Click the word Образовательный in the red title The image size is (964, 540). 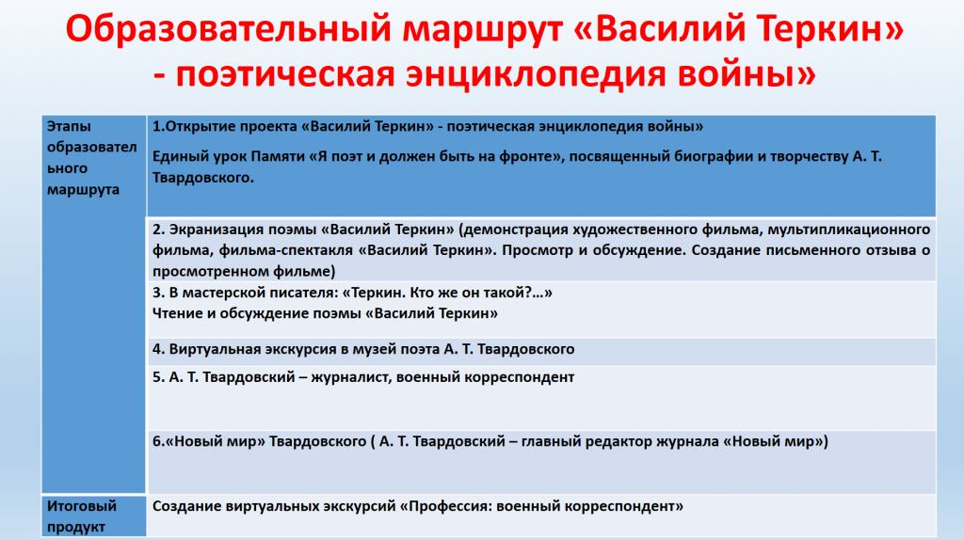pos(228,29)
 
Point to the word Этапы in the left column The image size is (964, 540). pos(69,127)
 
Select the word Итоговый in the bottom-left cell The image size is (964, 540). pos(82,506)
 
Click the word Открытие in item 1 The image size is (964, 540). pos(201,127)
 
